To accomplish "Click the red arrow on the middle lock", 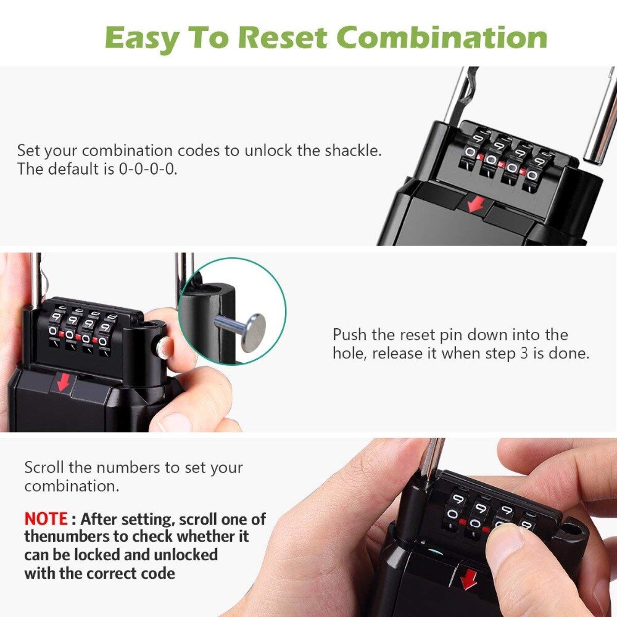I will pos(63,382).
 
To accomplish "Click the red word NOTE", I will pos(46,518).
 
